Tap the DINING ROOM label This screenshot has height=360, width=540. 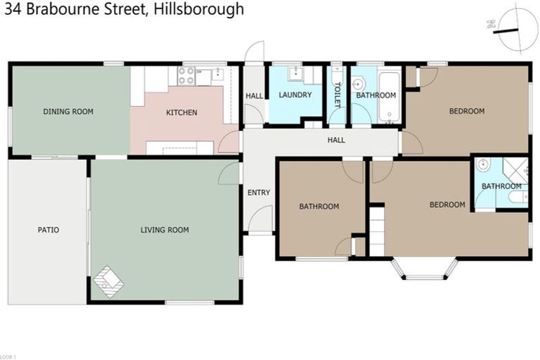pyautogui.click(x=68, y=112)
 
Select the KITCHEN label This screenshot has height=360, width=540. pyautogui.click(x=181, y=112)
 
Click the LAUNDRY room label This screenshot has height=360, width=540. pyautogui.click(x=295, y=95)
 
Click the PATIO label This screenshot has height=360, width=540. pyautogui.click(x=48, y=230)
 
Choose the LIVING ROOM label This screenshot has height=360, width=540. pyautogui.click(x=165, y=230)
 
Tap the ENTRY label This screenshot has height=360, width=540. pyautogui.click(x=259, y=193)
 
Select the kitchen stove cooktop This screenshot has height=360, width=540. pyautogui.click(x=186, y=76)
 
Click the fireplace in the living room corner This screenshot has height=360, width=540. pyautogui.click(x=108, y=281)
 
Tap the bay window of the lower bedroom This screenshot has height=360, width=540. pyautogui.click(x=425, y=269)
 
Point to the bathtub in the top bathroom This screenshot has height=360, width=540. pyautogui.click(x=388, y=96)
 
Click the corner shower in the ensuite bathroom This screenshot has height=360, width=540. pyautogui.click(x=515, y=171)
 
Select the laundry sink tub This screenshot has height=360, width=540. pyautogui.click(x=295, y=72)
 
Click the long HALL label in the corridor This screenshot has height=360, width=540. pyautogui.click(x=336, y=140)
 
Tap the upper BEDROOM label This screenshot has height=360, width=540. pyautogui.click(x=467, y=111)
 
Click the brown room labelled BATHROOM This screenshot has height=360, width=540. pyautogui.click(x=319, y=207)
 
